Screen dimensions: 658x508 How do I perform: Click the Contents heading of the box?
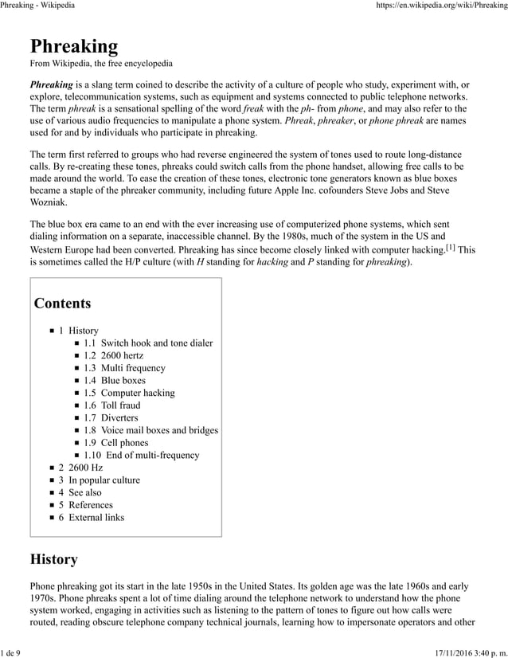pyautogui.click(x=62, y=304)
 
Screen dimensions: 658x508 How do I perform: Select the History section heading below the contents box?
pyautogui.click(x=53, y=559)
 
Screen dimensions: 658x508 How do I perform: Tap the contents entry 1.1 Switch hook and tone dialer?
pyautogui.click(x=148, y=343)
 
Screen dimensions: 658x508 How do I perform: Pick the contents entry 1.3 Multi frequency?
pyautogui.click(x=124, y=368)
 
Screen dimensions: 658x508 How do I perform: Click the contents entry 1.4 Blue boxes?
pyautogui.click(x=115, y=381)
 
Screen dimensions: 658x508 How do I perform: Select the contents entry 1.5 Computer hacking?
pyautogui.click(x=129, y=393)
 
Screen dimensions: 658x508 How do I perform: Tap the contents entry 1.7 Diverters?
pyautogui.click(x=111, y=417)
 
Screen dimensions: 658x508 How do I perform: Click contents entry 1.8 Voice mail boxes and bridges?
pyautogui.click(x=150, y=430)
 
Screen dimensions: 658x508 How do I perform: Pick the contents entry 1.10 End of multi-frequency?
pyautogui.click(x=141, y=455)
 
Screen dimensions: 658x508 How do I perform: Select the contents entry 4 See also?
pyautogui.click(x=80, y=492)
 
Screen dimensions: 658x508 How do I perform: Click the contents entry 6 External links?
pyautogui.click(x=91, y=517)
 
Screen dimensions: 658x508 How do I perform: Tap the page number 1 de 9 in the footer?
pyautogui.click(x=10, y=652)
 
